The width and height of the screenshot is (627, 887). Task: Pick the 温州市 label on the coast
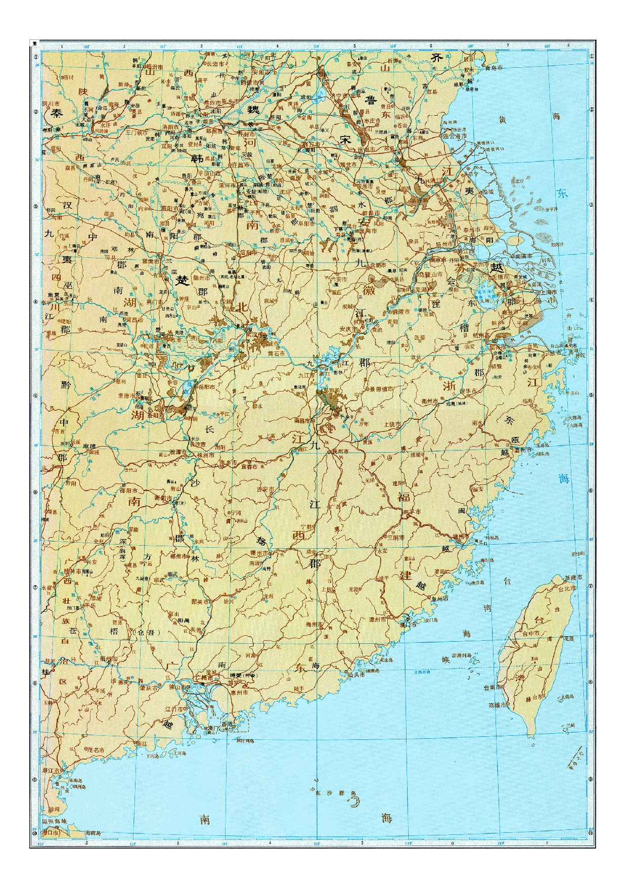pos(522,450)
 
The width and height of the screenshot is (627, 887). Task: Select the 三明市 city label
pos(395,538)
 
